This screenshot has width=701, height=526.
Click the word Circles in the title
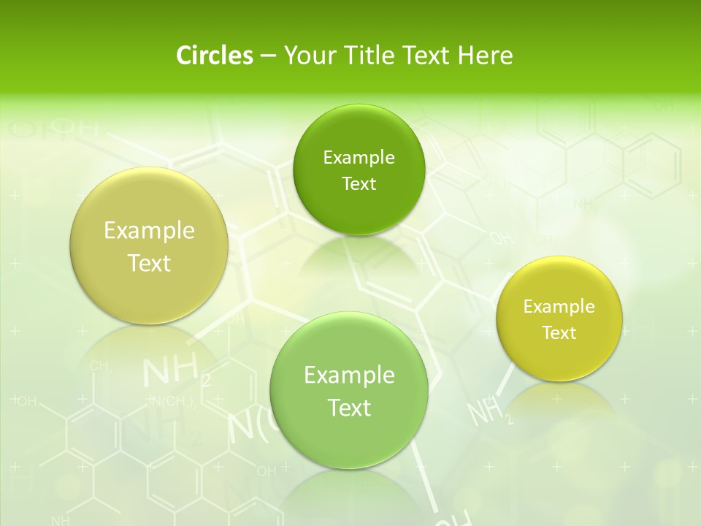tap(214, 56)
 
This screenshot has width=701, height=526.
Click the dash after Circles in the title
tap(267, 56)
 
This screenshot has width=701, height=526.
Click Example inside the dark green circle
tap(359, 157)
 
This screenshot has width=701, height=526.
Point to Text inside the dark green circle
tap(359, 183)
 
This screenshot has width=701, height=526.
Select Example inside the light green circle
tap(349, 375)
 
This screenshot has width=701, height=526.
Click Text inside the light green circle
tap(349, 408)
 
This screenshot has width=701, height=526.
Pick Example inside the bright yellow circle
tap(559, 306)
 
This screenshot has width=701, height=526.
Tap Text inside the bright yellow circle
tap(559, 332)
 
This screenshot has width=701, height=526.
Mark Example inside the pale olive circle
tap(149, 230)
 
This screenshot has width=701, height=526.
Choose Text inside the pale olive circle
tap(149, 263)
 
